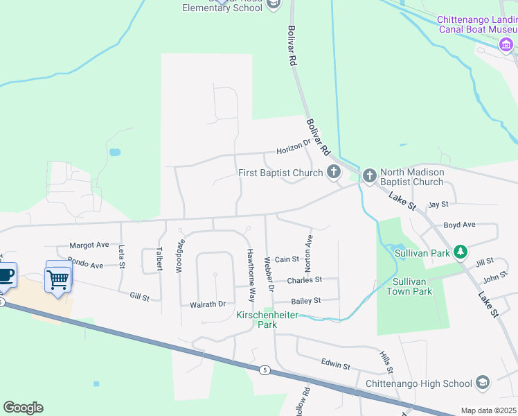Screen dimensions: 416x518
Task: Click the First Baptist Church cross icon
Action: (x=334, y=173)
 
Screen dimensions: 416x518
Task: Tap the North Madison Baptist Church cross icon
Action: (x=369, y=177)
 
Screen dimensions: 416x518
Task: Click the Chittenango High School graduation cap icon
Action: (x=483, y=383)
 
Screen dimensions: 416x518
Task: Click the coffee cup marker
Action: (x=6, y=274)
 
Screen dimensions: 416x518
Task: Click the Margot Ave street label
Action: (x=89, y=245)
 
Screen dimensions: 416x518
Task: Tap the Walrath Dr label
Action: (x=208, y=304)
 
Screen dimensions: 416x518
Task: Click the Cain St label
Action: (x=287, y=259)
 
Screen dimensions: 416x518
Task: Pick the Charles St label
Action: (x=305, y=280)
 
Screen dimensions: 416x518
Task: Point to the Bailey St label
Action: (x=305, y=301)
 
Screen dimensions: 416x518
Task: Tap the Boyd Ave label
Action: (x=460, y=225)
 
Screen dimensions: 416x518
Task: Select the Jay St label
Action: (x=438, y=205)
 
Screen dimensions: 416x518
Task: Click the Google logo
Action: (x=23, y=408)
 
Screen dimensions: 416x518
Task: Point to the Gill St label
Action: (x=140, y=297)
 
